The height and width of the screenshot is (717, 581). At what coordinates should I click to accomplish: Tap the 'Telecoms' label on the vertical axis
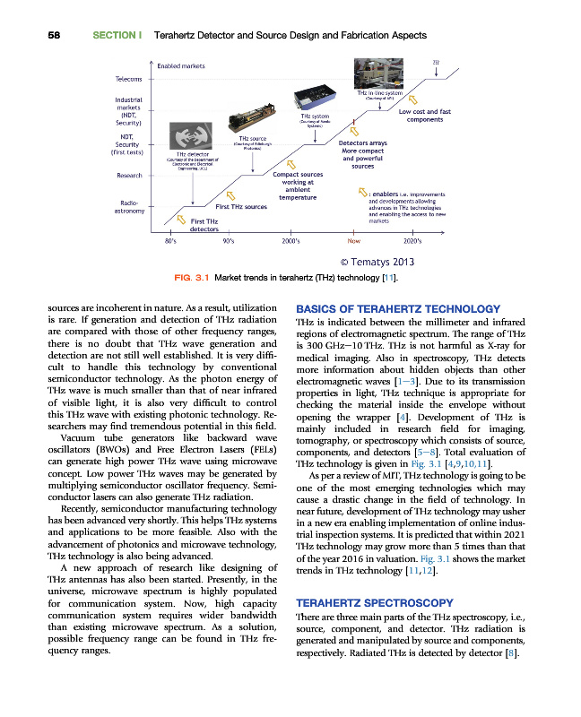[127, 78]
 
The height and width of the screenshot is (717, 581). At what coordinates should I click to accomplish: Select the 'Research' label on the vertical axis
[128, 175]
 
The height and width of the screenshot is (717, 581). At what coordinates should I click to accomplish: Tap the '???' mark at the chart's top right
[436, 62]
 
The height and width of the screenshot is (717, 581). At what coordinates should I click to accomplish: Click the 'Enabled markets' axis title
[181, 65]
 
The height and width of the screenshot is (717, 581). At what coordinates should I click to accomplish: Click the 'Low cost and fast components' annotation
[424, 116]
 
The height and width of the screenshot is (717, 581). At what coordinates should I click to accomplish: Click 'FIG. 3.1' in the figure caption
[192, 280]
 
